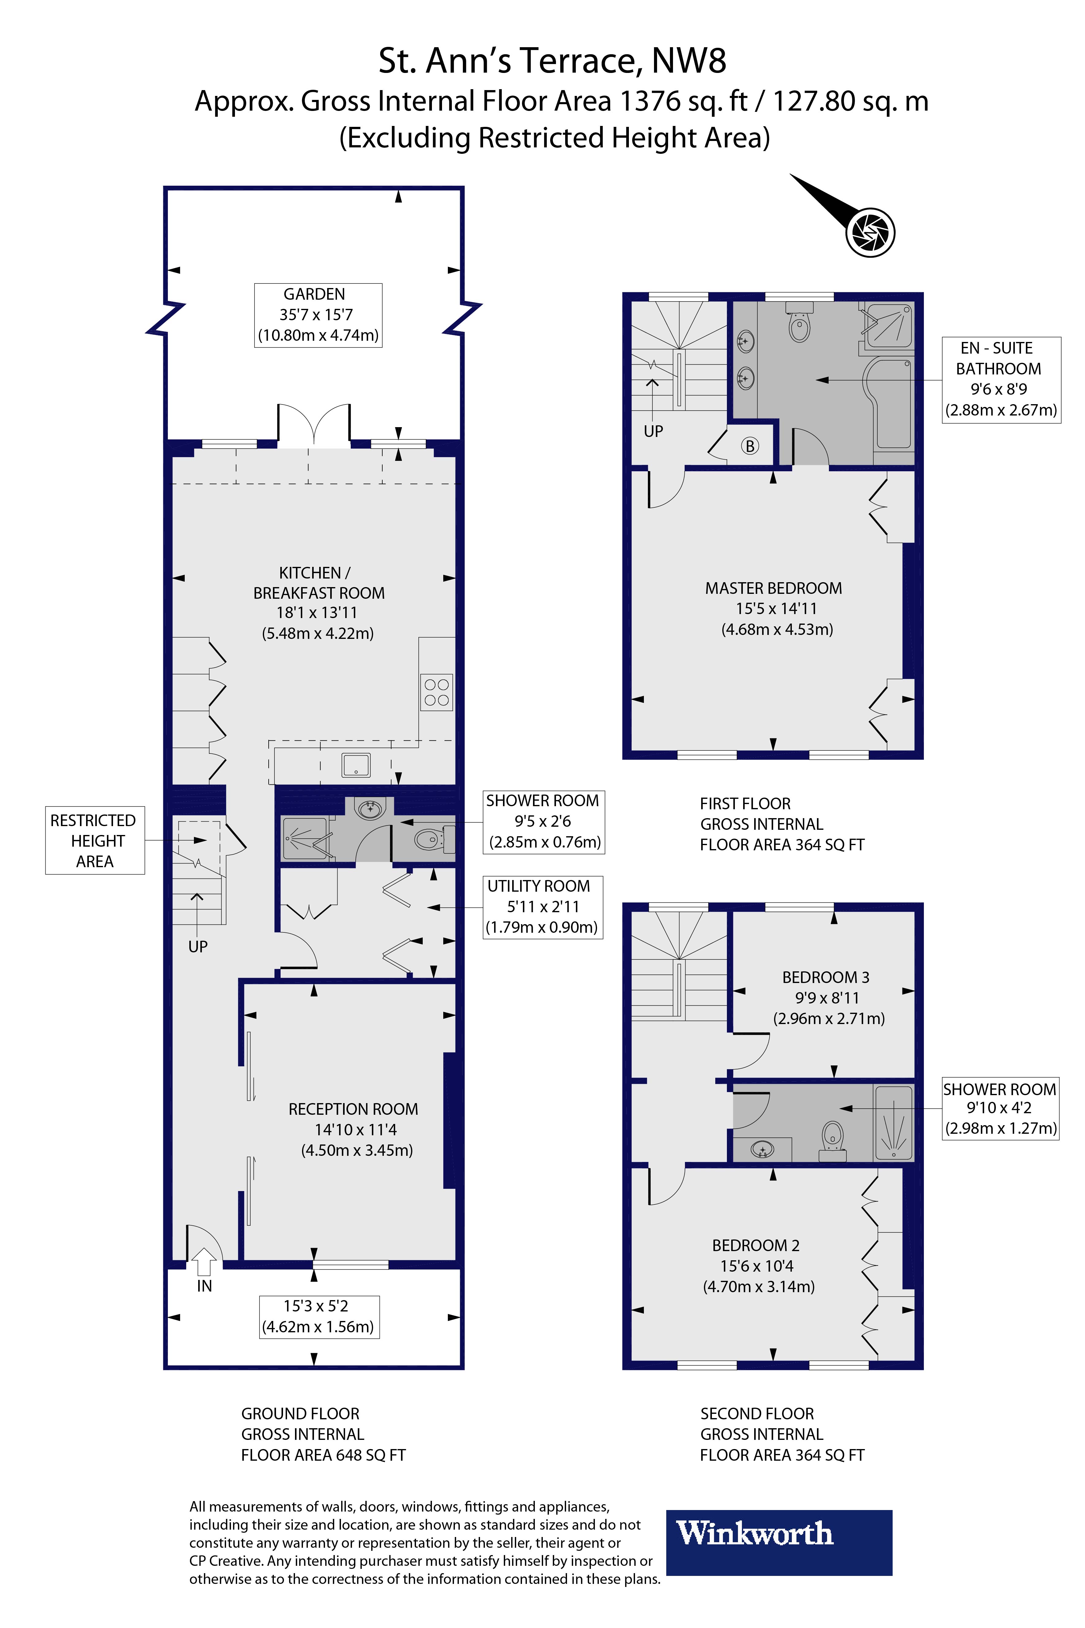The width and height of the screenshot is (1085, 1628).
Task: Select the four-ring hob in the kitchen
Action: click(x=437, y=692)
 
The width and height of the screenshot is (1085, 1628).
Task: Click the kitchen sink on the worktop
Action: click(x=356, y=765)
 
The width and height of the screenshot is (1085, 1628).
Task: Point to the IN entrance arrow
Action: click(x=203, y=1261)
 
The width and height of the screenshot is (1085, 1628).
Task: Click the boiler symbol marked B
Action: click(x=749, y=446)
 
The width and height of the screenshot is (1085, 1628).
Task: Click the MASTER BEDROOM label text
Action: click(x=773, y=588)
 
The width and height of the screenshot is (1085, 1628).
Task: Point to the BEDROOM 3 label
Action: click(x=826, y=977)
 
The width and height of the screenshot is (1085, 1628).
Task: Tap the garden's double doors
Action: click(x=314, y=423)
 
